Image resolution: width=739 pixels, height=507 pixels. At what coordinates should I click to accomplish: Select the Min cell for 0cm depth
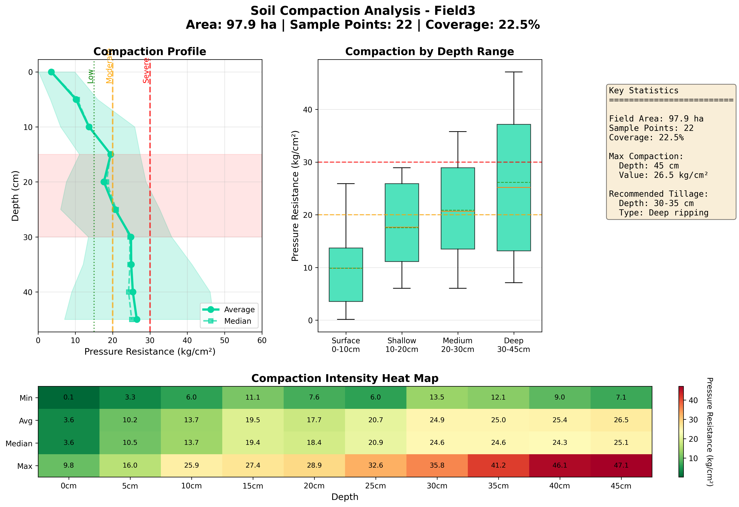tap(69, 397)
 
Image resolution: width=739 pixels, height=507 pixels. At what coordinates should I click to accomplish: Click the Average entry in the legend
tap(239, 309)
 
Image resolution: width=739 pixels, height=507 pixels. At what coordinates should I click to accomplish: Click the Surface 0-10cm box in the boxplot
tap(346, 275)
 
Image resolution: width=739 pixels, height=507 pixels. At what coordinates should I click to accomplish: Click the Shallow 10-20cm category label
tap(402, 345)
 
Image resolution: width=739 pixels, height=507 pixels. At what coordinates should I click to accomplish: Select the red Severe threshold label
tap(146, 71)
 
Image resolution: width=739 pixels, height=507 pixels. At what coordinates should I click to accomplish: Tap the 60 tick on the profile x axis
tap(262, 341)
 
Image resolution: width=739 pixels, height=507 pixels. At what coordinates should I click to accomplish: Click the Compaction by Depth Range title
tap(429, 52)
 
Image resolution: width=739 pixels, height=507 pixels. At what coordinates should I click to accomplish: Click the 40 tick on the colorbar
tap(693, 400)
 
